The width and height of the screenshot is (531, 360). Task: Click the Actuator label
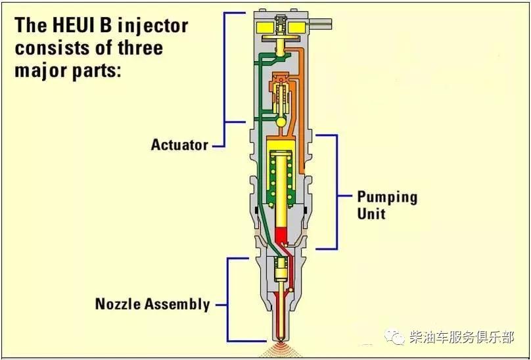179,145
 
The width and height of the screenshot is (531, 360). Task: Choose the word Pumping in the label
387,197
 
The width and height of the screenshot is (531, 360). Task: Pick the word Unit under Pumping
371,214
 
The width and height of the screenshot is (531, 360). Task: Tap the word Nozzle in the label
118,304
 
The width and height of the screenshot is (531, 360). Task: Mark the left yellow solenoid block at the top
265,28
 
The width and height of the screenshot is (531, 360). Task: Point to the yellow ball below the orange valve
281,122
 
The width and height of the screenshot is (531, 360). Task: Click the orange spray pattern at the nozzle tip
281,347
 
